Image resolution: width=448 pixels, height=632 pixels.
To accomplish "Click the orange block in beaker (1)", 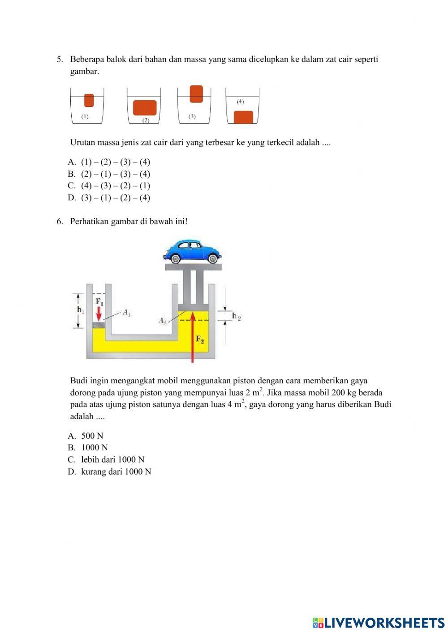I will click(89, 100).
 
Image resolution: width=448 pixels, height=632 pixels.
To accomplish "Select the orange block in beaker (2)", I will click(145, 108).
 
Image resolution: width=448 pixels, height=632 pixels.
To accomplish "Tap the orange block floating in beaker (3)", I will click(196, 94).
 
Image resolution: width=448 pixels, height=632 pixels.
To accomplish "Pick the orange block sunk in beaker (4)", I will click(244, 117).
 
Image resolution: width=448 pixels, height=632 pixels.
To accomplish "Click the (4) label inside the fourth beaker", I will click(240, 102).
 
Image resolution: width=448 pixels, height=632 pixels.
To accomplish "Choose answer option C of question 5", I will click(109, 186).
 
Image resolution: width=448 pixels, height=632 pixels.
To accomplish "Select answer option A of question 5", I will click(109, 162).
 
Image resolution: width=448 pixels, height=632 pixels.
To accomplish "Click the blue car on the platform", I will click(192, 251).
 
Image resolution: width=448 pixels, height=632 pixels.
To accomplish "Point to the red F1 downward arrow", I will click(99, 313).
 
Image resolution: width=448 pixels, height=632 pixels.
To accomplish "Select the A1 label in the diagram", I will click(126, 313).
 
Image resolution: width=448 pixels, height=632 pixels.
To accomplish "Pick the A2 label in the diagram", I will click(163, 320).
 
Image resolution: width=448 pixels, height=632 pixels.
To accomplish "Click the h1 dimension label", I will click(80, 310).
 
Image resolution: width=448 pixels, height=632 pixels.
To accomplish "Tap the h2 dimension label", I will click(236, 316).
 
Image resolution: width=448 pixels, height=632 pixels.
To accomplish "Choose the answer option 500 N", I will click(92, 436).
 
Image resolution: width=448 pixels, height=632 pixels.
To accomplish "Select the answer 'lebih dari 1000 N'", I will click(112, 459).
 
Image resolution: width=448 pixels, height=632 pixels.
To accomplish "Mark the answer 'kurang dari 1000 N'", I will click(116, 471).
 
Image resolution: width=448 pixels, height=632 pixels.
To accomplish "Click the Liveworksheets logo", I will click(379, 622).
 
